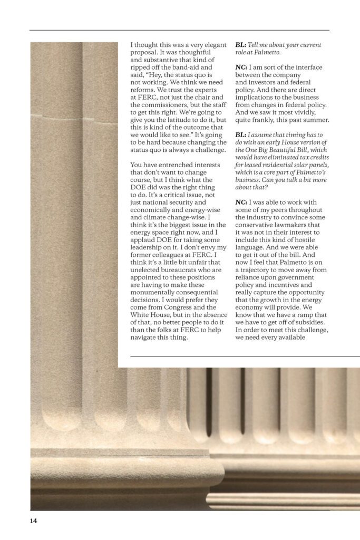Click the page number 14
click(x=33, y=521)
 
